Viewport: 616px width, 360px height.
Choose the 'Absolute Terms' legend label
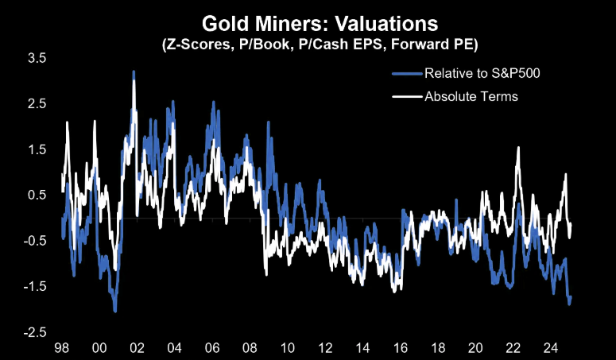[471, 97]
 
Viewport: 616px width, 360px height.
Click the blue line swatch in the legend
[407, 74]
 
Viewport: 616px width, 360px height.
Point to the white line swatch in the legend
[407, 97]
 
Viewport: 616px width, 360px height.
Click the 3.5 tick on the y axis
[37, 59]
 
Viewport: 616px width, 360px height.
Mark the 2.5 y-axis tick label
[37, 104]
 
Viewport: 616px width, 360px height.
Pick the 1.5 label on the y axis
[37, 149]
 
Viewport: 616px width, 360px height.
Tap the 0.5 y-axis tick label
[37, 195]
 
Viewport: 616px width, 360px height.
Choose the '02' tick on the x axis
[136, 348]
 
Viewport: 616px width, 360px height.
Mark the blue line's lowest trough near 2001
[115, 311]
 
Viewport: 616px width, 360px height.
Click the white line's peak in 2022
[519, 148]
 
